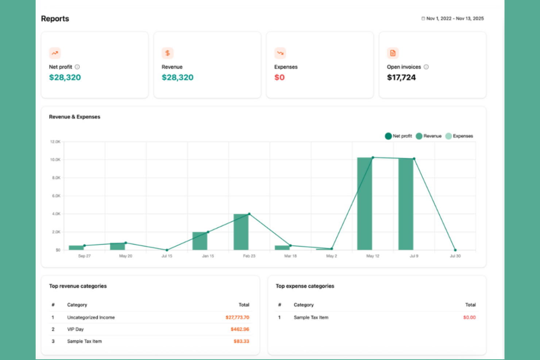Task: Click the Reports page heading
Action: coord(55,19)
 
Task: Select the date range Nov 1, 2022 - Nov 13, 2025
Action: coord(454,19)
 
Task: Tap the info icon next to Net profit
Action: coord(77,67)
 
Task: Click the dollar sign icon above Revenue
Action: coord(167,53)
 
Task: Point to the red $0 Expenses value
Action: coord(279,77)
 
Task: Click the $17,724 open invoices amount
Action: coord(401,77)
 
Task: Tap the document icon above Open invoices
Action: coord(393,53)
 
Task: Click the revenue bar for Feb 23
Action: coord(241,232)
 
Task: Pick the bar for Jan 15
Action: coord(200,241)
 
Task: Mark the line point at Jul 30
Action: coord(455,250)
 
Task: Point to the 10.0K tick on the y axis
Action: coord(55,160)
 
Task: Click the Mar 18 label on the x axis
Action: coord(290,256)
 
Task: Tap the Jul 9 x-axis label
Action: coord(414,256)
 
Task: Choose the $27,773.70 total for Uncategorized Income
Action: coord(237,317)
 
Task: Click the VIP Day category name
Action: coord(76,329)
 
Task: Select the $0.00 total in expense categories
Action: coord(469,317)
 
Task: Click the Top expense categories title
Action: coord(305,286)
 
